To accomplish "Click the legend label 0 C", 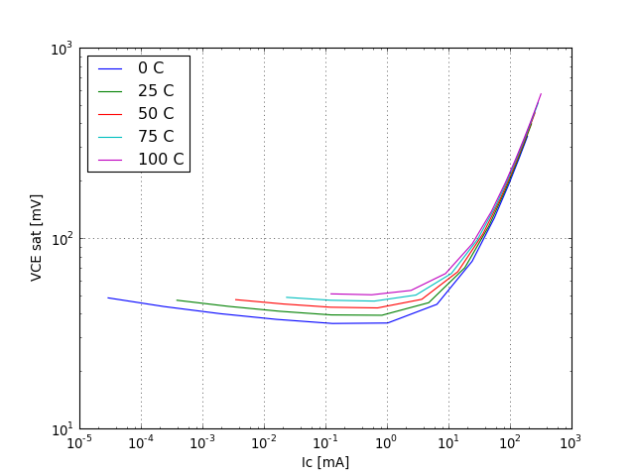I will point(151,68).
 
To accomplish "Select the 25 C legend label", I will point(156,91).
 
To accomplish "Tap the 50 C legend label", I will point(156,114).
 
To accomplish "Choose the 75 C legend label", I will point(156,137).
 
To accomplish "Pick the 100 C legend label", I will point(161,160).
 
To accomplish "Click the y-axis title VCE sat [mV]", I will point(37,238).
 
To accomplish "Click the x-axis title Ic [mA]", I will point(325,462).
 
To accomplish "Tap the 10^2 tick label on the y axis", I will point(61,239).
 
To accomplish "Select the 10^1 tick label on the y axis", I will point(61,429).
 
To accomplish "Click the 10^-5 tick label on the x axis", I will point(80,443).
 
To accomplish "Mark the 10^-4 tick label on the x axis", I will point(142,443).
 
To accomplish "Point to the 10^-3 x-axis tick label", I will point(203,443).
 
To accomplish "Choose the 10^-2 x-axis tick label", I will point(265,443).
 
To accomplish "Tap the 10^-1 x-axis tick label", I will point(325,443).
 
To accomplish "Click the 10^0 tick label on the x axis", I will point(387,443).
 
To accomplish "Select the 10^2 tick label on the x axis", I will point(510,443).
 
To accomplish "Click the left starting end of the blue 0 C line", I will point(108,297).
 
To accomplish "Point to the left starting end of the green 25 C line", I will point(177,299).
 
